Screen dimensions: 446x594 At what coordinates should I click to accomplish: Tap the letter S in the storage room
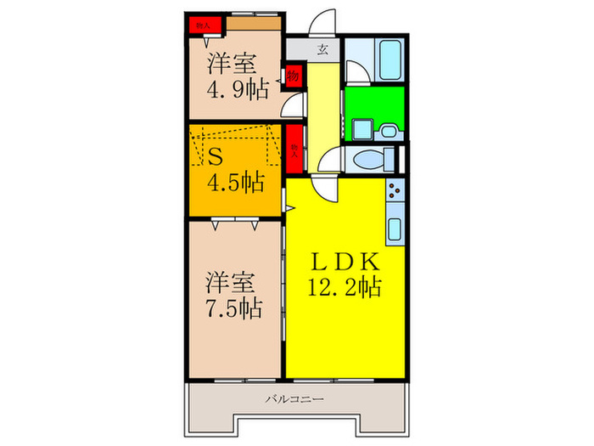216,156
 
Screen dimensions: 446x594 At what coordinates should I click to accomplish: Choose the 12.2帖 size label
344,286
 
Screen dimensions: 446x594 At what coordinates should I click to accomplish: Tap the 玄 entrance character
323,48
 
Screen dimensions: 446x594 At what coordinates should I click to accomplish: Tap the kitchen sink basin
395,228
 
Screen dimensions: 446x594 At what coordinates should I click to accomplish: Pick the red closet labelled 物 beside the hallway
293,76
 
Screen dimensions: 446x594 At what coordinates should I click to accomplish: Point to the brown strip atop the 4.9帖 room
252,24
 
